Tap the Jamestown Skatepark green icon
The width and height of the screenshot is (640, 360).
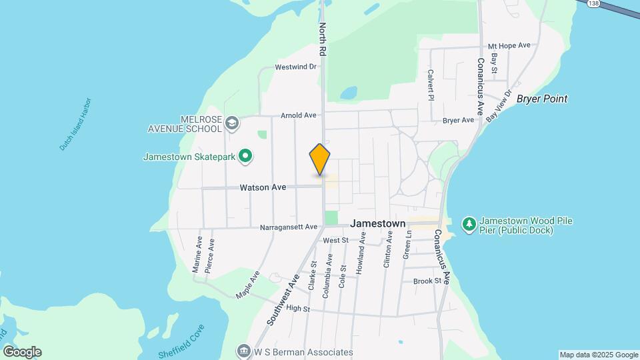245,157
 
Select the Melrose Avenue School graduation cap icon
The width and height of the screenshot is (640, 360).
232,123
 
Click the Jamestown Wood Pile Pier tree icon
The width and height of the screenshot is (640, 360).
469,224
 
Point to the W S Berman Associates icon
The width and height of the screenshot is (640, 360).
243,351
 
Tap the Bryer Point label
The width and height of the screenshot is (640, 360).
542,99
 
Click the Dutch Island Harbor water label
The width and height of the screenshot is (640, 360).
75,124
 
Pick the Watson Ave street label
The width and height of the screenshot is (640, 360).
263,188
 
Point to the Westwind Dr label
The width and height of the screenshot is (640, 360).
295,67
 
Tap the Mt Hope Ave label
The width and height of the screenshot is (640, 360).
509,45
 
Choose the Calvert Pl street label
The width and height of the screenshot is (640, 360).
431,85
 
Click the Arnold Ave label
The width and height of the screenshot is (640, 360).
298,115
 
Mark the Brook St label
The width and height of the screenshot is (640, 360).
427,281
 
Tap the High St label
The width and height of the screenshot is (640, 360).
298,309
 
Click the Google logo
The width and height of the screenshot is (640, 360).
22,352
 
